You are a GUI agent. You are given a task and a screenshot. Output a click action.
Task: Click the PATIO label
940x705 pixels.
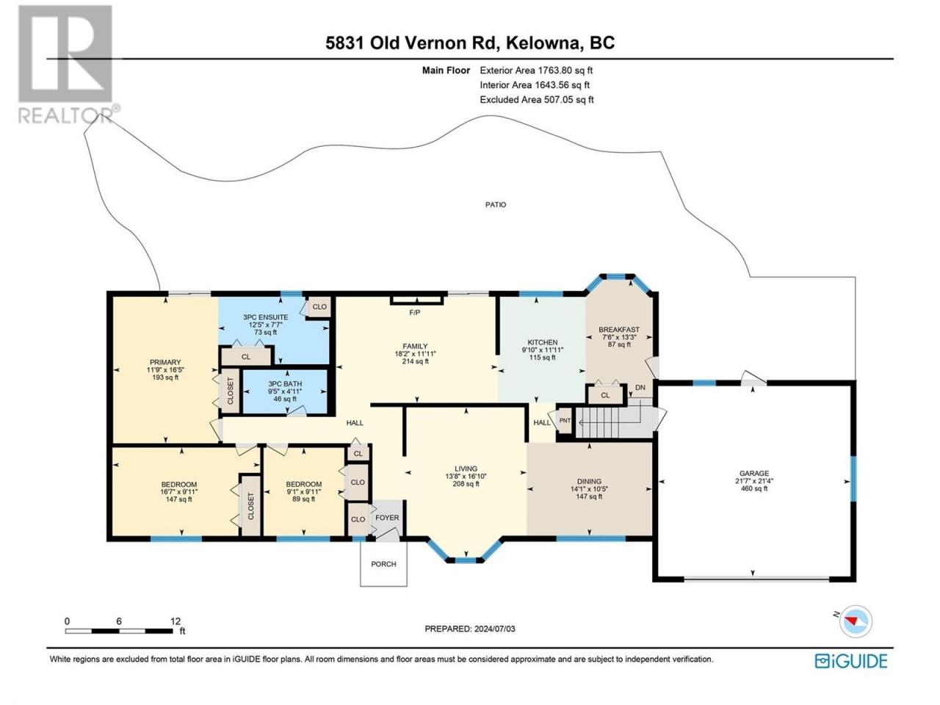tap(495, 205)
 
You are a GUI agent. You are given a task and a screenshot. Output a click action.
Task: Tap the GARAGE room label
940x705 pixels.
tap(753, 473)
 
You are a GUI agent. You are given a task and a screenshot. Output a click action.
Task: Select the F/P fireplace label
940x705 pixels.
tap(414, 313)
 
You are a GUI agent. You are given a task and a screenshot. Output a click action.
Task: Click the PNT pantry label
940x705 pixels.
tap(565, 420)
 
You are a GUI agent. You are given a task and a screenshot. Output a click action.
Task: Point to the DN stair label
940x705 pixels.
tap(640, 388)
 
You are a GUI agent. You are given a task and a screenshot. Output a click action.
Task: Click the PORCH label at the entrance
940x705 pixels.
tap(383, 564)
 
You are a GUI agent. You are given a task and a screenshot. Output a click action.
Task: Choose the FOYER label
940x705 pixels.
tap(387, 518)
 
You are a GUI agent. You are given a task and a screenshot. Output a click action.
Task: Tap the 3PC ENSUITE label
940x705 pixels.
tap(265, 317)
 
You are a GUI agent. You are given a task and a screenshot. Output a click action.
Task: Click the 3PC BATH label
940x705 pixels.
tap(285, 383)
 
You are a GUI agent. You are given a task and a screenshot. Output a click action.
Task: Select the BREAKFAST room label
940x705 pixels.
tap(618, 330)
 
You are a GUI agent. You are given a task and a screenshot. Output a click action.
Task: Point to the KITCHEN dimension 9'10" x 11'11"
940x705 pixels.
tap(542, 350)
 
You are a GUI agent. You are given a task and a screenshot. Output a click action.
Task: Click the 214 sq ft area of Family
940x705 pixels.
tap(415, 361)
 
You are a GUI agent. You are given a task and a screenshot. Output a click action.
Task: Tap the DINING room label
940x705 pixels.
tap(589, 481)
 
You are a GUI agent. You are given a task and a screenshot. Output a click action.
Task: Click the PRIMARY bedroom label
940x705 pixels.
tap(165, 362)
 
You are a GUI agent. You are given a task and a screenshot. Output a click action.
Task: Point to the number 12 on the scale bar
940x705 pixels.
tap(176, 621)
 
